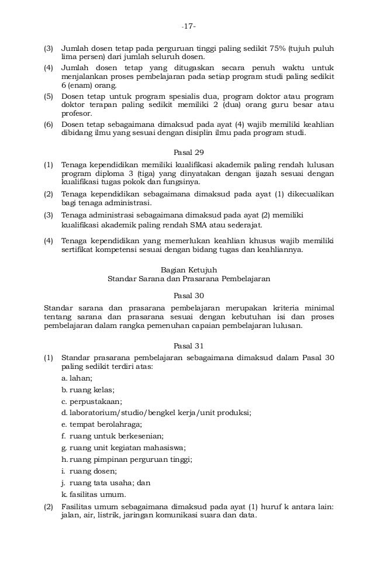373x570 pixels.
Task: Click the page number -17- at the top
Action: tap(189, 26)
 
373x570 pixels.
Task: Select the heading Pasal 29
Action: tap(189, 153)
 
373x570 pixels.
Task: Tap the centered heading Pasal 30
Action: tap(189, 296)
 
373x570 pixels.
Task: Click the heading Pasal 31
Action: tap(189, 346)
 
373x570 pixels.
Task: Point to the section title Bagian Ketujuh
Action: tap(189, 270)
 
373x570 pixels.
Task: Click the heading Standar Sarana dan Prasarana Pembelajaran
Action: tap(189, 279)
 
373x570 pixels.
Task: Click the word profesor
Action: tap(76, 113)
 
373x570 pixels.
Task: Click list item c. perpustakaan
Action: tap(92, 401)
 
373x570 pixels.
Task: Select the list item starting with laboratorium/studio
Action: tap(156, 412)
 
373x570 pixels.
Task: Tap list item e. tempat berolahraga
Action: tap(102, 424)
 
